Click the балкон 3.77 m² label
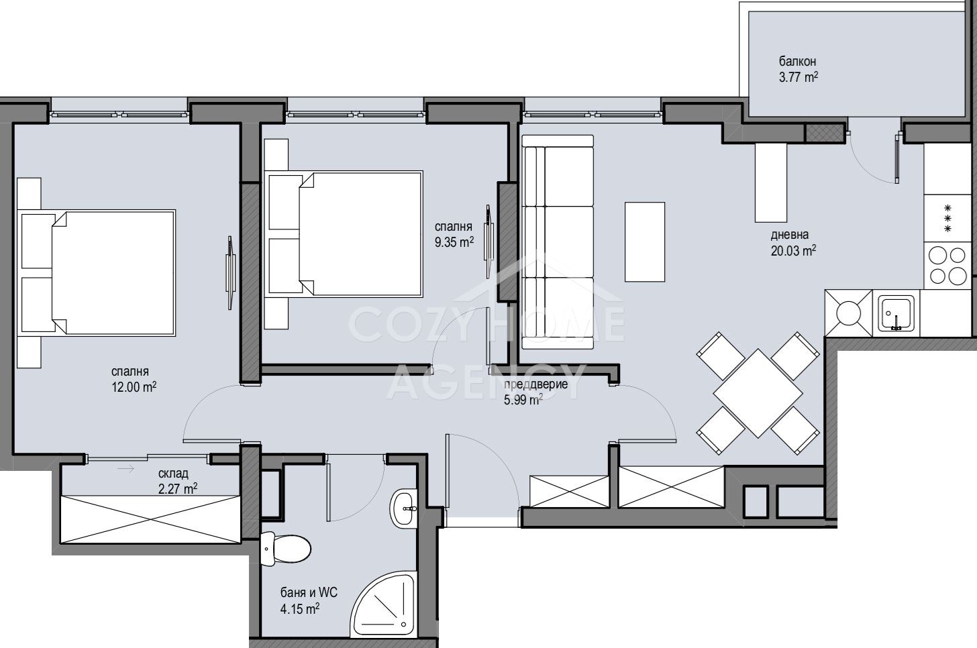coord(799,69)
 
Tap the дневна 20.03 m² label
coord(793,243)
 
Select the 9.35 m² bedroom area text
coord(454,242)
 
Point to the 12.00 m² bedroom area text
coord(134,387)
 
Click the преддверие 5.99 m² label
coord(535,392)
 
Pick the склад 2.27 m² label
coord(178,481)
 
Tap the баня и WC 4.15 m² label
coord(309,600)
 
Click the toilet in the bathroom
coord(285,549)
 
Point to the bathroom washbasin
coord(403,508)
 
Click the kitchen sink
coord(896,313)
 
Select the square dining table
coord(758,393)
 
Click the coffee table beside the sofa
coord(645,241)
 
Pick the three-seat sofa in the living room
coord(558,242)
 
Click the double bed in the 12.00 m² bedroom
coord(97,273)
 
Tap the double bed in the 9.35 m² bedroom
coord(344,233)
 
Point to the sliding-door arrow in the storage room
coord(125,469)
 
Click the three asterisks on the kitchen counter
coord(947,218)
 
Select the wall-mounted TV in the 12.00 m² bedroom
coord(230,273)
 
